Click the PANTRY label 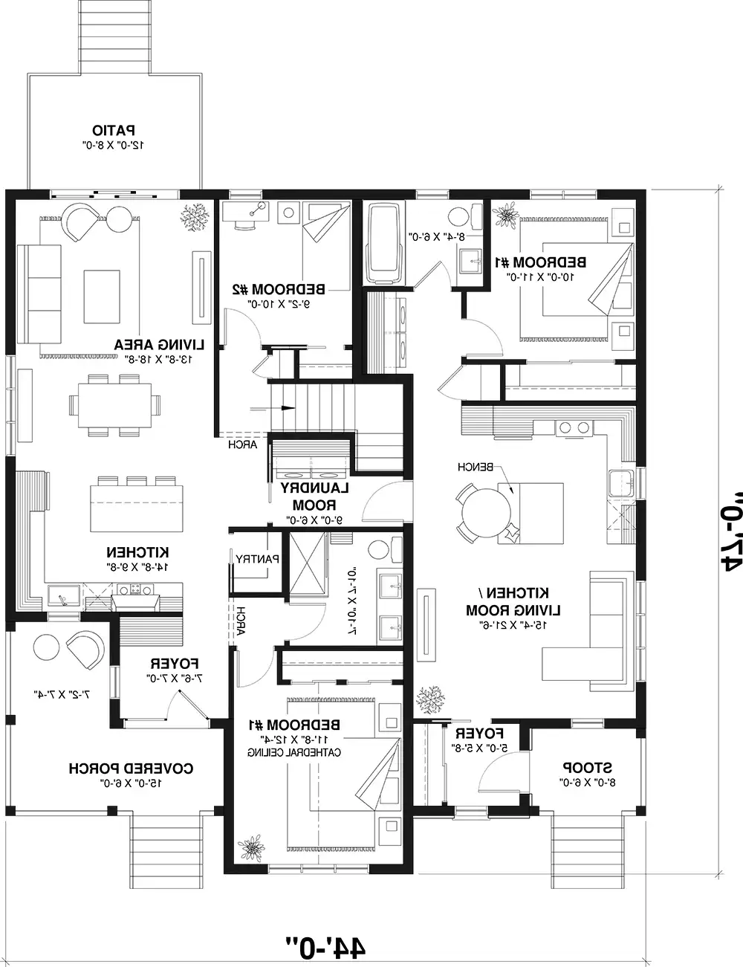[x=256, y=558]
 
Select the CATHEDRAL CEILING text [x=294, y=752]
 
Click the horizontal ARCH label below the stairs [x=242, y=445]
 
